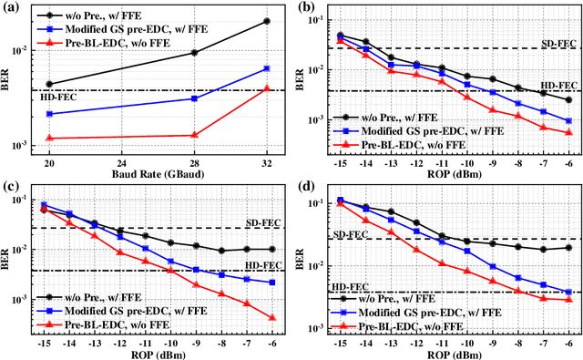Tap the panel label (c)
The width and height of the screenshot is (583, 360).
pos(10,189)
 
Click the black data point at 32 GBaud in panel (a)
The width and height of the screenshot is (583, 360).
pos(266,21)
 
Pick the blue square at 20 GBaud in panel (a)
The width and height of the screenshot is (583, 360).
pos(49,114)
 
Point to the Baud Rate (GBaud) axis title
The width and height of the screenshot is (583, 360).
pos(158,173)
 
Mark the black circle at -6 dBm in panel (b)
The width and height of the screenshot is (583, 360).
pos(568,99)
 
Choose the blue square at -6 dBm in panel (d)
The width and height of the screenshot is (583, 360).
pos(568,293)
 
